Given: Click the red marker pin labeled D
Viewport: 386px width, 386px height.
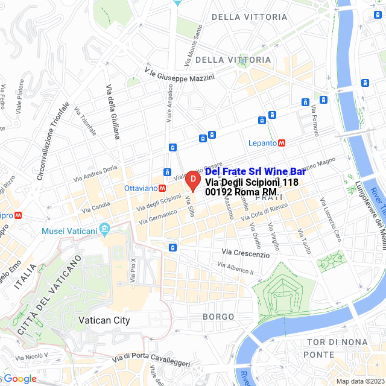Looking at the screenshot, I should pyautogui.click(x=192, y=179).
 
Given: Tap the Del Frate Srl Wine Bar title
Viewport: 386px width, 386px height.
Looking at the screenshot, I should pyautogui.click(x=255, y=172).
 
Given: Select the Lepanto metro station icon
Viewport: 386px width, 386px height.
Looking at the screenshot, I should pyautogui.click(x=282, y=143).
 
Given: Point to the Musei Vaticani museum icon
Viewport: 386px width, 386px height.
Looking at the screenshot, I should pyautogui.click(x=105, y=229).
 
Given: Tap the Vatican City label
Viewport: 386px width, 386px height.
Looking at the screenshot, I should pyautogui.click(x=104, y=320).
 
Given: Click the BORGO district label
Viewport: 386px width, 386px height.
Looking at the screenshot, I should pyautogui.click(x=218, y=316).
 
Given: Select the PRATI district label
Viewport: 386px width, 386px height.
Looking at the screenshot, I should pyautogui.click(x=267, y=198).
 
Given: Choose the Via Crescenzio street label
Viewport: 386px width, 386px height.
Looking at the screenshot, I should pyautogui.click(x=245, y=254).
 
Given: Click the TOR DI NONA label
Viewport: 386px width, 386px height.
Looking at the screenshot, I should pyautogui.click(x=337, y=342).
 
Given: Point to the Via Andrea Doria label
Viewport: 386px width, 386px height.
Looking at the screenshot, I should pyautogui.click(x=95, y=174).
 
